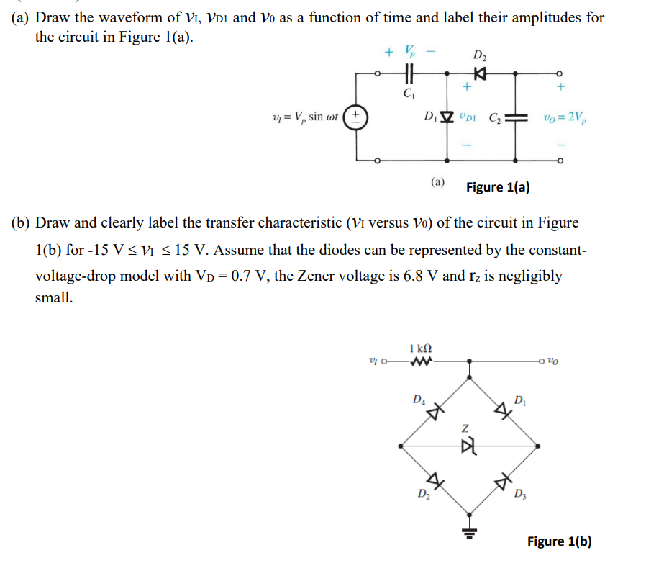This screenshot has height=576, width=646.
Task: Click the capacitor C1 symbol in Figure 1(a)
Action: [x=409, y=73]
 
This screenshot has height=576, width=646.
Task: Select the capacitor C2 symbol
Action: [x=517, y=117]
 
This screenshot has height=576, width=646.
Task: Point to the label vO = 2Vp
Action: [x=565, y=117]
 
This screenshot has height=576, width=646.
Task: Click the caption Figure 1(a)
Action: [x=498, y=187]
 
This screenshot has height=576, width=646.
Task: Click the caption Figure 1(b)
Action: [x=559, y=541]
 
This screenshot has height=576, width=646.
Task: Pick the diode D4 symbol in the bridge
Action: [x=434, y=410]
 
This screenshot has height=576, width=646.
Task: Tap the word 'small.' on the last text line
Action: [x=53, y=297]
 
